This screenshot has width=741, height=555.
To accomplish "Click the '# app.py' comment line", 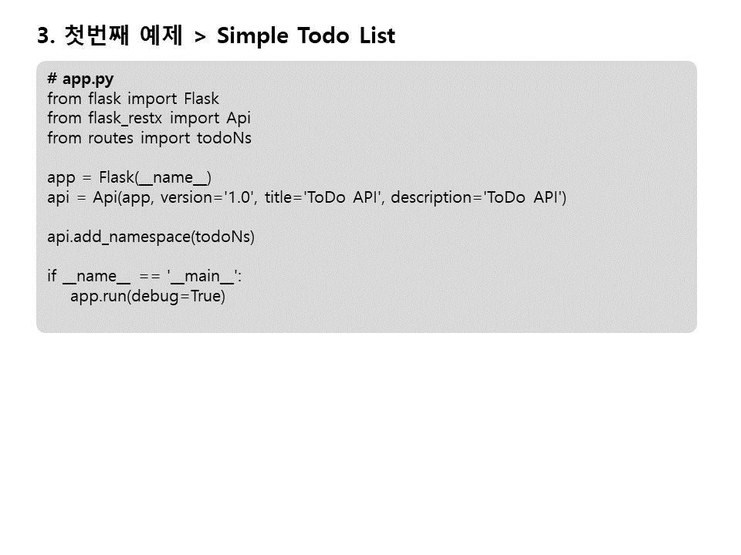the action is pyautogui.click(x=80, y=79).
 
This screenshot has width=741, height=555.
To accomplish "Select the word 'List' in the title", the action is pyautogui.click(x=377, y=36).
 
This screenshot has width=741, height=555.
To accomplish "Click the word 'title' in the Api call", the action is pyautogui.click(x=281, y=197).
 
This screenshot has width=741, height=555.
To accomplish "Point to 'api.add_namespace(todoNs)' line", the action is pyautogui.click(x=151, y=237).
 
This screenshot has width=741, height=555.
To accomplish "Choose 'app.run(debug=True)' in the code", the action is pyautogui.click(x=147, y=297).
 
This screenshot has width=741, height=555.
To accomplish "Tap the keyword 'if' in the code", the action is pyautogui.click(x=52, y=277).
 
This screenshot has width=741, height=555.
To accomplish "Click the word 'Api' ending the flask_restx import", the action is pyautogui.click(x=239, y=119).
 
